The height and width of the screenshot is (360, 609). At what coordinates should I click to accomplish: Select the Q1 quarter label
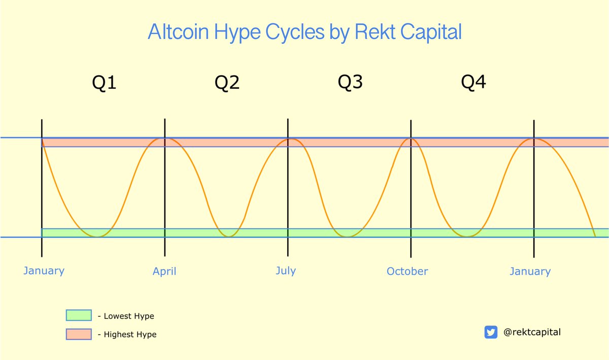pos(104,82)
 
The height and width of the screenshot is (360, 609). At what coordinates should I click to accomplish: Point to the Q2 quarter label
pos(227,82)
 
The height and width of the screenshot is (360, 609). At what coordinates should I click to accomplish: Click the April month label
pos(164,272)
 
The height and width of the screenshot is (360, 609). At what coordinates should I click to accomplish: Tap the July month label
pos(286,271)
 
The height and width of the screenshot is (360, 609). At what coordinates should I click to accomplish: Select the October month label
pos(407,271)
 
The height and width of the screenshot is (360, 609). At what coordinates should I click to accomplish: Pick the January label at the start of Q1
pos(44,271)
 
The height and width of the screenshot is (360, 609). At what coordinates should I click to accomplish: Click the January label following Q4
pos(530,272)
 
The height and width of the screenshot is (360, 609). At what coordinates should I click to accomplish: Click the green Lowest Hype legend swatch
pos(79,316)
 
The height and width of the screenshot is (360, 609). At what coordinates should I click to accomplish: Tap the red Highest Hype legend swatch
pos(79,334)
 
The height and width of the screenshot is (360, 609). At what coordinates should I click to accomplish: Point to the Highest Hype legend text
pos(130,335)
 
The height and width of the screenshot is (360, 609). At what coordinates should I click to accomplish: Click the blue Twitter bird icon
pos(491,332)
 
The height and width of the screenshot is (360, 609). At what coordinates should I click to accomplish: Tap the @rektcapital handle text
pos(532,332)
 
